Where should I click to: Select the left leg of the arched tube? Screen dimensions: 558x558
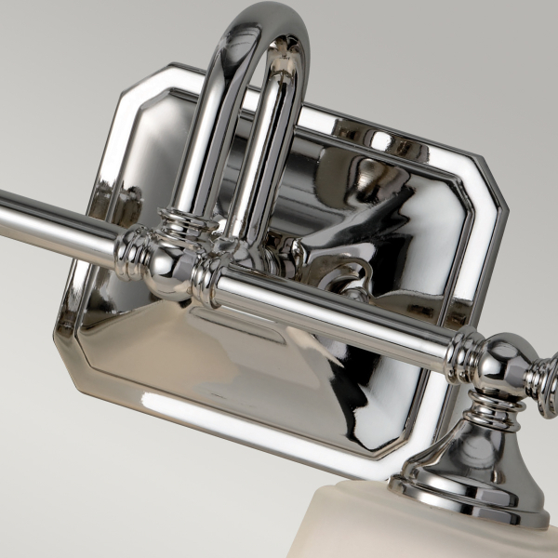(206, 139)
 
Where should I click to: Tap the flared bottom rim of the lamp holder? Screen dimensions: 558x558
(465, 502)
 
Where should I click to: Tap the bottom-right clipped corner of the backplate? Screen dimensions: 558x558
(414, 446)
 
